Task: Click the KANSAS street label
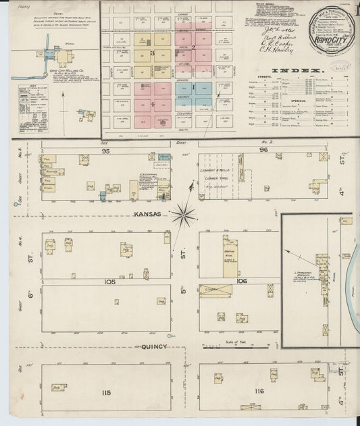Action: tap(148, 214)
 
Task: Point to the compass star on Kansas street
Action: tap(182, 215)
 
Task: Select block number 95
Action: tap(105, 151)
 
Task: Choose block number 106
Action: tap(242, 280)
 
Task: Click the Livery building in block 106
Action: tap(215, 291)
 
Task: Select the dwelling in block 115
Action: tap(57, 388)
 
